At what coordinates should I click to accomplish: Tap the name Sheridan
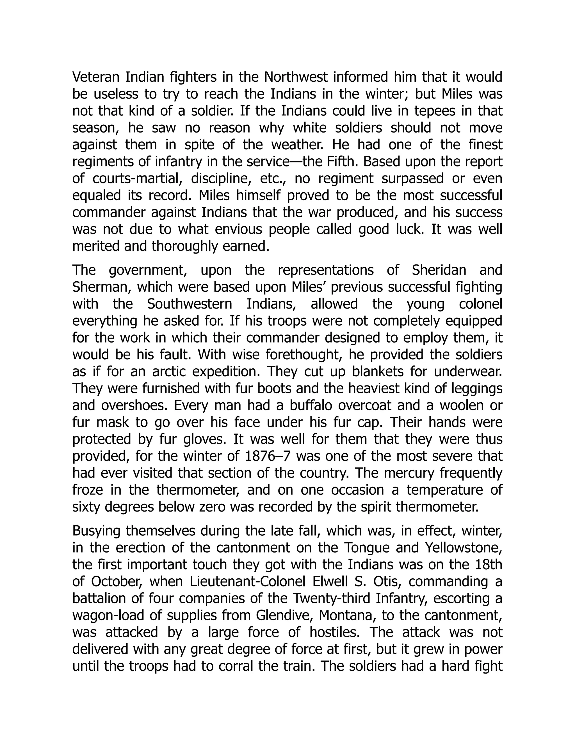439,270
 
